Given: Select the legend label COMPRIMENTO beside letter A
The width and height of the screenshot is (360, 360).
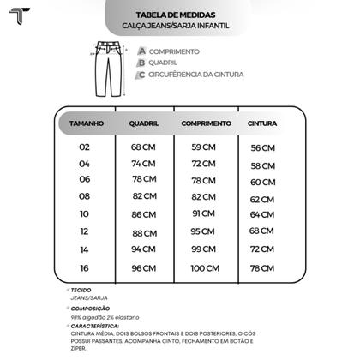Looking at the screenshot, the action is [174, 51].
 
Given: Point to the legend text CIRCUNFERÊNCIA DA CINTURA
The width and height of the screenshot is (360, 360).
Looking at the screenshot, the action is [196, 75].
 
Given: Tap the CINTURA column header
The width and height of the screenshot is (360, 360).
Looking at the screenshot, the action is [262, 124].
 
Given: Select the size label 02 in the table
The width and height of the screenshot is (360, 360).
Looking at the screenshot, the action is [84, 147].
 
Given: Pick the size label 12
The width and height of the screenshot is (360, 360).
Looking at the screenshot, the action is [84, 231].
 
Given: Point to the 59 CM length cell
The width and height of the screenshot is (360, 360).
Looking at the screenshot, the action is [203, 147].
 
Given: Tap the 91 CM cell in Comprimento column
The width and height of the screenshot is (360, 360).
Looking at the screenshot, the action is [203, 213].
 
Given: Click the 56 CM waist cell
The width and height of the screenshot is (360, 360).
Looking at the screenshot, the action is [262, 148].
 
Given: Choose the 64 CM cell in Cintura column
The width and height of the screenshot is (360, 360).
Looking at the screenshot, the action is [262, 214].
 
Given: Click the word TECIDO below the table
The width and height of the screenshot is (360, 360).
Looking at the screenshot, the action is [82, 291].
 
